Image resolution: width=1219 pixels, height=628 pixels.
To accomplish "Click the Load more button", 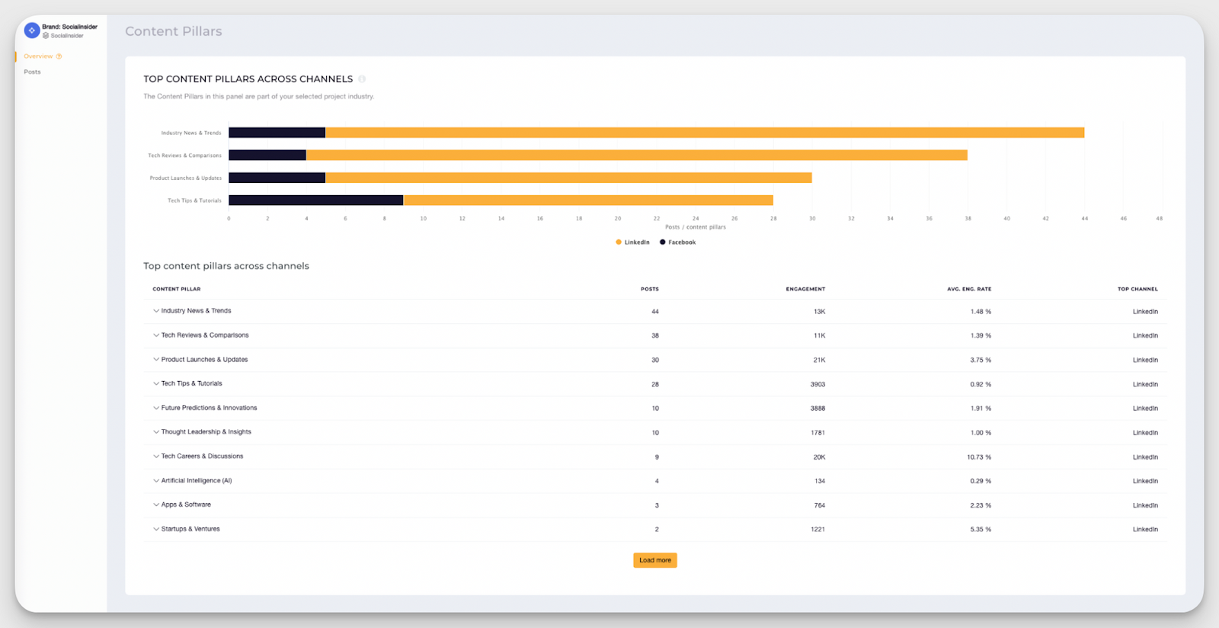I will [654, 560].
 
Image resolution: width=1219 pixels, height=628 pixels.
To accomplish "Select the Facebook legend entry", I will [678, 242].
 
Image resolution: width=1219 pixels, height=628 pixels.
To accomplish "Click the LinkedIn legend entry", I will [633, 242].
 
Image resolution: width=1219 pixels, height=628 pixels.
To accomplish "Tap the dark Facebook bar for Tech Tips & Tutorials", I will [315, 200].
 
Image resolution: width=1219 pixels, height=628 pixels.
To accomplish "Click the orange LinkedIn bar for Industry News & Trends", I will [704, 133].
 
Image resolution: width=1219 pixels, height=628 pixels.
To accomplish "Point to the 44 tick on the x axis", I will [1084, 219].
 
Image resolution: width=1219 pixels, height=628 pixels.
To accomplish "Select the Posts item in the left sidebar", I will [32, 72].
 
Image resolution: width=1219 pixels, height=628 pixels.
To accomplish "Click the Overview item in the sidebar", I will [38, 56].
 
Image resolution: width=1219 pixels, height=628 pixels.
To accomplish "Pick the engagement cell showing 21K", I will [819, 360].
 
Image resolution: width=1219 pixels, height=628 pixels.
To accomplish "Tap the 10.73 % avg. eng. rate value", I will [979, 457].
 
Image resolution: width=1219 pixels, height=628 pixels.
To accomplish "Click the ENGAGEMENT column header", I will [805, 289].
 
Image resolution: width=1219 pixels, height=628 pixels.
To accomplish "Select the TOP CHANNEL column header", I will [1137, 289].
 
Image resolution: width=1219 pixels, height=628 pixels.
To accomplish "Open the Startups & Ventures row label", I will [190, 529].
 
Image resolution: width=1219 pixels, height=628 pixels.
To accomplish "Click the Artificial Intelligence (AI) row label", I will [197, 481].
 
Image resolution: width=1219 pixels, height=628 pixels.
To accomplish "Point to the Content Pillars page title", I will [174, 31].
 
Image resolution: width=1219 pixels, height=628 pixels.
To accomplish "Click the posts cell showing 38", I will [655, 335].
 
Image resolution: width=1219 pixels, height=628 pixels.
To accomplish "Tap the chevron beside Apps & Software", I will [156, 505].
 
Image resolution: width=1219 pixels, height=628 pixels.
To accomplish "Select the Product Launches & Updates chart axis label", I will [185, 178].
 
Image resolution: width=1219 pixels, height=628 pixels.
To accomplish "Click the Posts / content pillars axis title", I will [695, 227].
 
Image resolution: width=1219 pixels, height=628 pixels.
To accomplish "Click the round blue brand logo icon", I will [32, 30].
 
